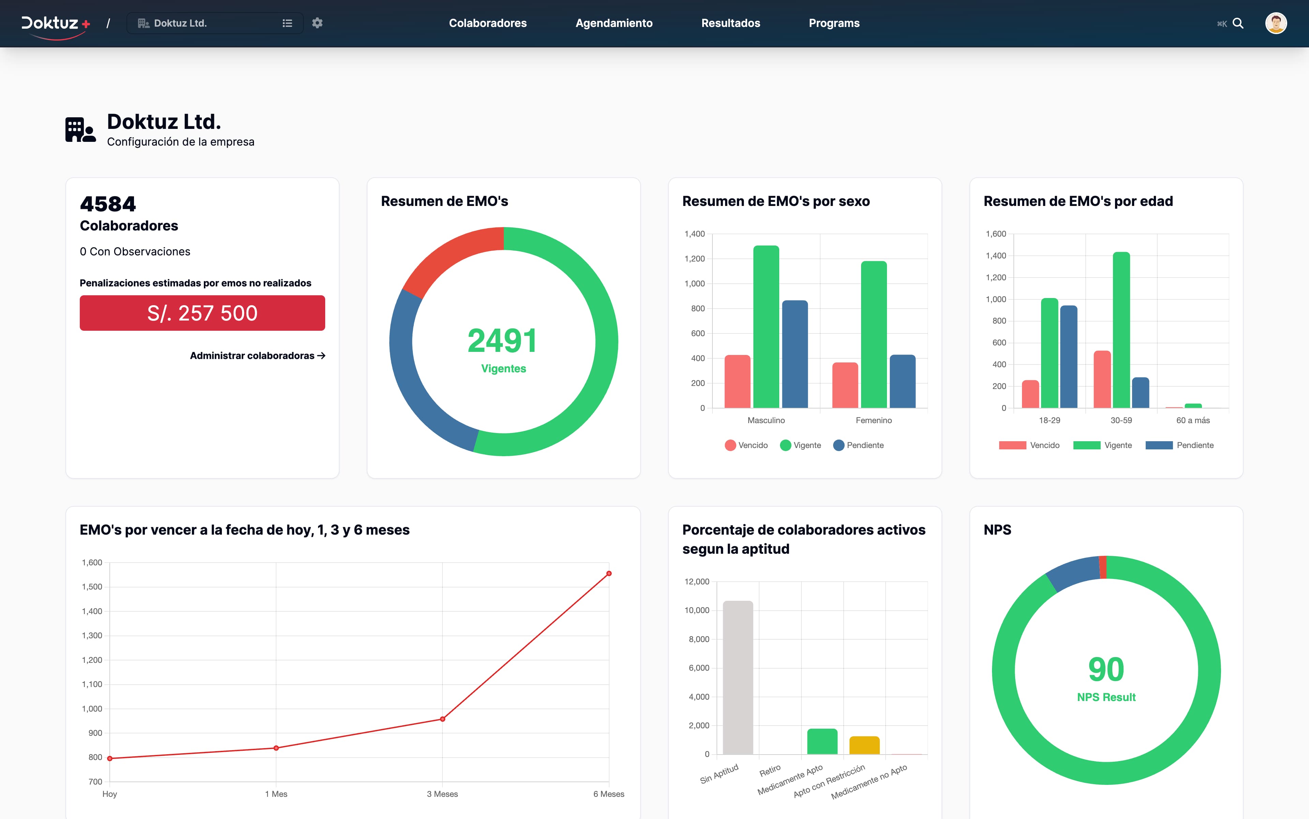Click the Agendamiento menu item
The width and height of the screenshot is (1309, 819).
click(x=614, y=23)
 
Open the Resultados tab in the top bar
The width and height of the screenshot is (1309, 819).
click(x=730, y=23)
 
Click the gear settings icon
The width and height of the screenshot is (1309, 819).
click(x=317, y=23)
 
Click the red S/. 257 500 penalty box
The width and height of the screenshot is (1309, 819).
click(x=202, y=313)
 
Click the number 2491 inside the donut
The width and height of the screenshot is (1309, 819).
click(x=502, y=341)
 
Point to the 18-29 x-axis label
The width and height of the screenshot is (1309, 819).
click(x=1049, y=420)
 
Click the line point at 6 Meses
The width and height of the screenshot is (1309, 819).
click(x=609, y=573)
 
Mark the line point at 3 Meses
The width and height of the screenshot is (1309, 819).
click(x=442, y=719)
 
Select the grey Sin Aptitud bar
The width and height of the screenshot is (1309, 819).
click(x=738, y=677)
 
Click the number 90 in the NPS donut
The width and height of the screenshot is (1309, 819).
click(x=1106, y=670)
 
